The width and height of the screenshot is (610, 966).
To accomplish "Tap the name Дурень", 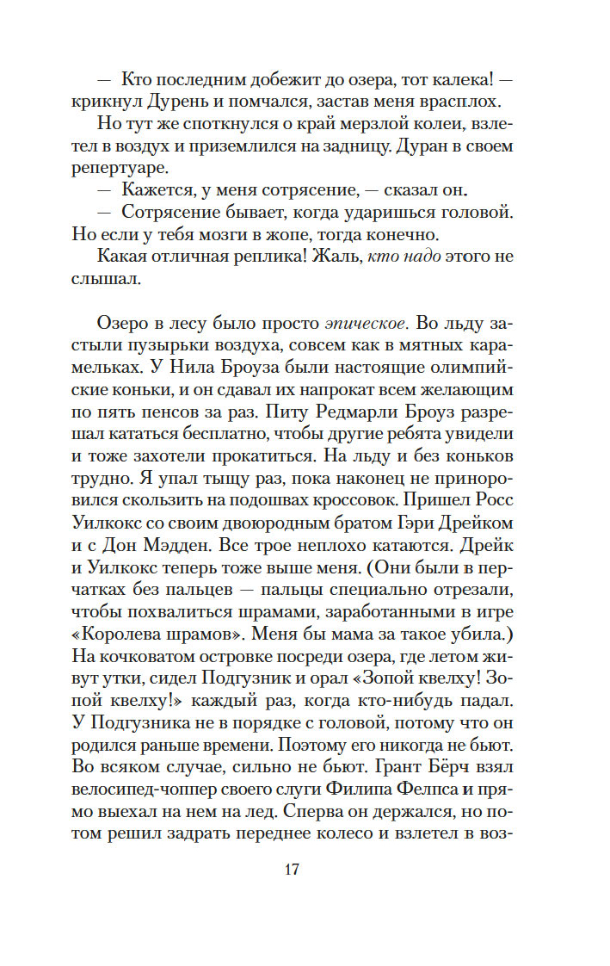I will (176, 102).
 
